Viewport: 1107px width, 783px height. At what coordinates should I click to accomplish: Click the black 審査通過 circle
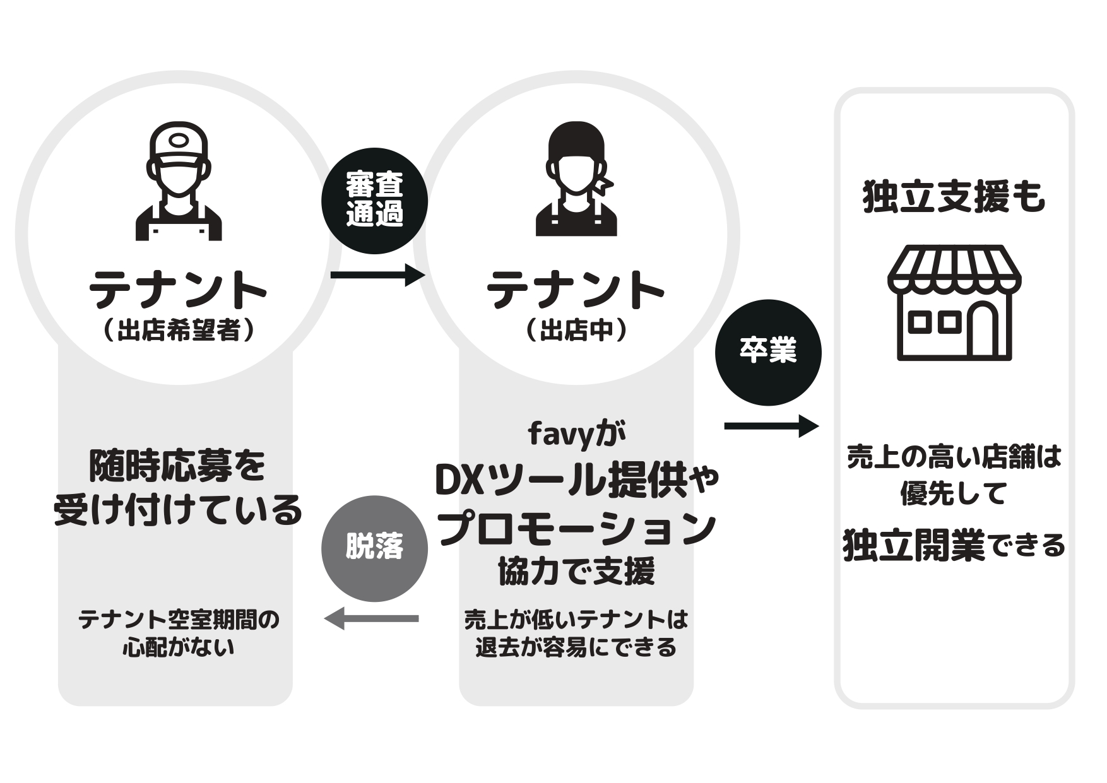pos(374,201)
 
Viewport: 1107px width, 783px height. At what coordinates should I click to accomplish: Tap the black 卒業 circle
pos(767,352)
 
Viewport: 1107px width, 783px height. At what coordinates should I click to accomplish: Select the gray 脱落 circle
pos(374,548)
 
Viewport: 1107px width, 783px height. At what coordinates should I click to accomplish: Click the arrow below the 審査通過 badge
pos(377,275)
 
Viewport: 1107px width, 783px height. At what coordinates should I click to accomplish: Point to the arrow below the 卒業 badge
pos(771,427)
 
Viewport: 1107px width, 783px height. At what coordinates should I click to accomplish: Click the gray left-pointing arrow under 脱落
pos(372,618)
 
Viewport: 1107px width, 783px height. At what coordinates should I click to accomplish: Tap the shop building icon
pos(954,302)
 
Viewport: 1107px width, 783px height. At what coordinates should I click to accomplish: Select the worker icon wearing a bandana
pos(576,179)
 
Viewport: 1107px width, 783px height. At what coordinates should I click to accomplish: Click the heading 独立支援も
pos(954,197)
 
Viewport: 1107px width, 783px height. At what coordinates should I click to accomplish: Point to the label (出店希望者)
pos(179,330)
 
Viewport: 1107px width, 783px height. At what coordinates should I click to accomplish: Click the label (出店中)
pos(576,330)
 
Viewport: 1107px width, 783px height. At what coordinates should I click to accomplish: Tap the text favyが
pos(576,433)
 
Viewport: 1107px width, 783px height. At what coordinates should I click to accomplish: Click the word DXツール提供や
pos(576,481)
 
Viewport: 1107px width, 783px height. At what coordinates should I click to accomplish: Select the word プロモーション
pos(576,529)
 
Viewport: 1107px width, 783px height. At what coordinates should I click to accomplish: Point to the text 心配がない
pos(179,647)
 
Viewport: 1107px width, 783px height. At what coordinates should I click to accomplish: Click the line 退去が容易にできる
pos(576,647)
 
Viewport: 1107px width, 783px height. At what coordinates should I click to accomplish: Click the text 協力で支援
pos(576,572)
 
